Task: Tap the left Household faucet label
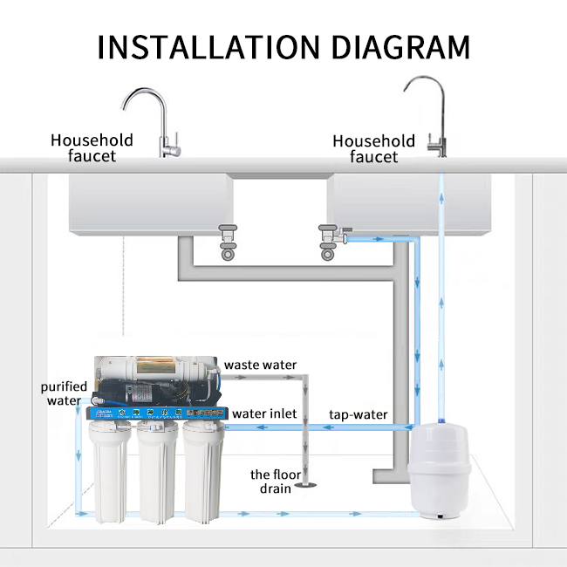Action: pos(92,147)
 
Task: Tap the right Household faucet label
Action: pos(373,148)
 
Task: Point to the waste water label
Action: pos(261,365)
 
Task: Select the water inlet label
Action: pos(264,413)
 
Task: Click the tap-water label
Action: pos(358,414)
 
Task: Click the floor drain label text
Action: pos(271,481)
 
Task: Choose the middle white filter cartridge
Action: pos(156,471)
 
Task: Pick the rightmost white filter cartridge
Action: pos(202,471)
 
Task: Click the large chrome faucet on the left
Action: pos(158,122)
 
